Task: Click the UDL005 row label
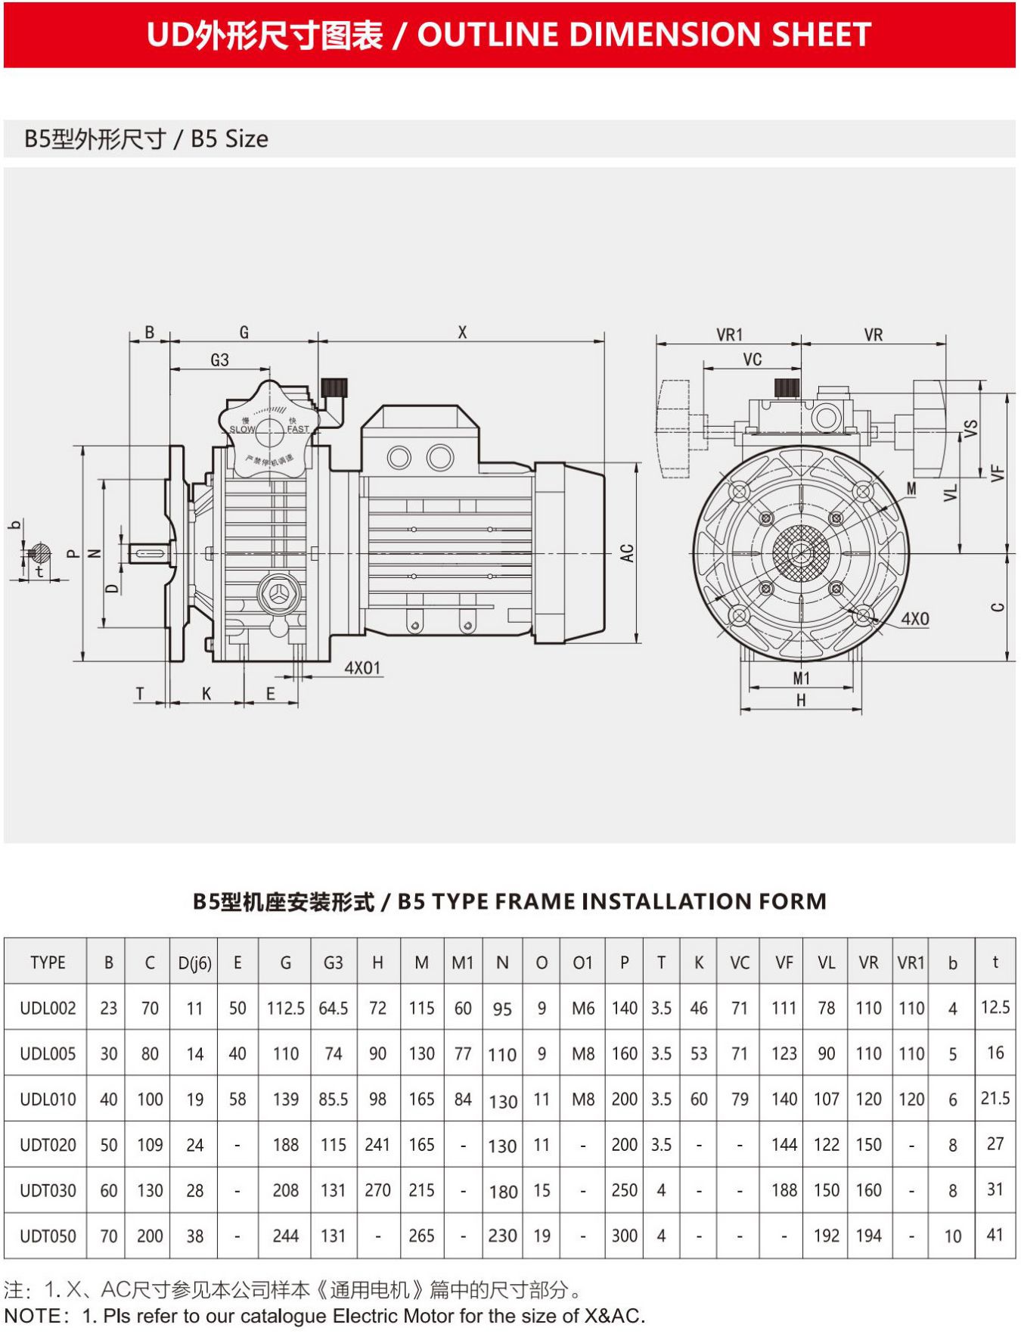pos(48,1053)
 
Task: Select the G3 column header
pos(333,962)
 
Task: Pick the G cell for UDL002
pos(285,1008)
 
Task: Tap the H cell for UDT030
pos(377,1190)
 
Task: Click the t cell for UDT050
pos(995,1235)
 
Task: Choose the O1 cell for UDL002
pos(582,1008)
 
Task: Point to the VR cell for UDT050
pos(868,1236)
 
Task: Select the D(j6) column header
pos(194,963)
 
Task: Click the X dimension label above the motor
pos(462,332)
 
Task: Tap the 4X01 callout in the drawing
pos(362,668)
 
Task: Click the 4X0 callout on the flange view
pos(914,619)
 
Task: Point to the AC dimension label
pos(627,553)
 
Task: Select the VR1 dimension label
pos(729,334)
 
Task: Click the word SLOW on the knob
pos(242,430)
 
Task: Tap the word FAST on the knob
pos(298,429)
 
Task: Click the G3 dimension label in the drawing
pos(219,360)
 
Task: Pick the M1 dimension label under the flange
pos(801,679)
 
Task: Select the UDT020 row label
pos(48,1145)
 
